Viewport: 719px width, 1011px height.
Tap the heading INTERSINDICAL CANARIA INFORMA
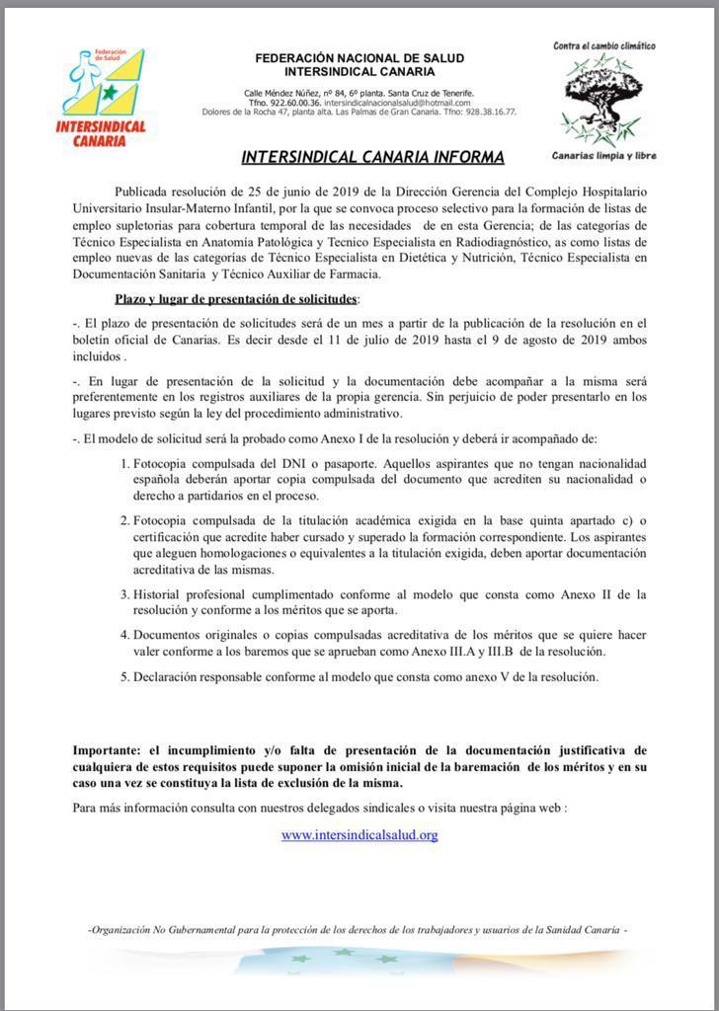pos(372,157)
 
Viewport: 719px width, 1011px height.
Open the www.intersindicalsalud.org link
pos(359,834)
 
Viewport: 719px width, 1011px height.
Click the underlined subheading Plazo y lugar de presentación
pos(236,298)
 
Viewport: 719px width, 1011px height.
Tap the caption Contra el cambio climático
pos(604,46)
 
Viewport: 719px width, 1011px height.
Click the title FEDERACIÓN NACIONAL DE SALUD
pos(359,58)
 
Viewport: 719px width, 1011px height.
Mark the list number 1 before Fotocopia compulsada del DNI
pos(124,463)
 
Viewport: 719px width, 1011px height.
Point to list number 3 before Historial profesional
pos(124,594)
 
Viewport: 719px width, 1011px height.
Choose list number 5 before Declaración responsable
pos(124,677)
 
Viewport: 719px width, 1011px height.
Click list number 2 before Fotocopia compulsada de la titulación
pos(124,520)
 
